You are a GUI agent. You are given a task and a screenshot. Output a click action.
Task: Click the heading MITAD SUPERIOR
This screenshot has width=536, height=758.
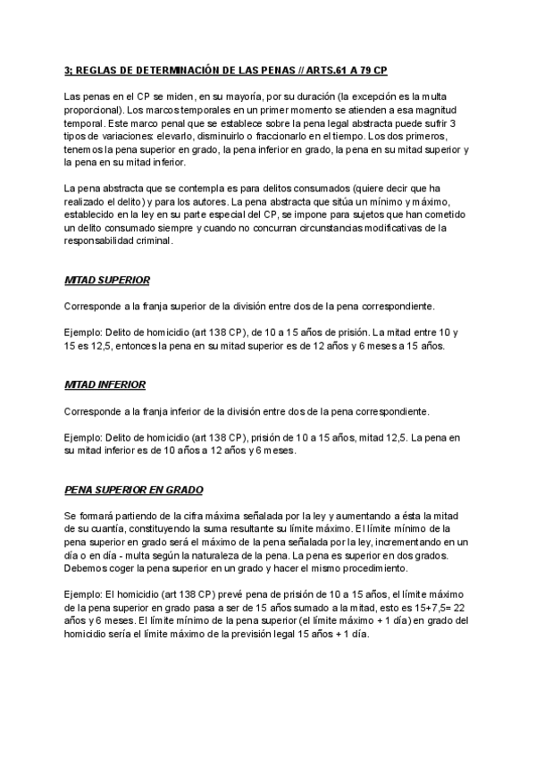pyautogui.click(x=106, y=280)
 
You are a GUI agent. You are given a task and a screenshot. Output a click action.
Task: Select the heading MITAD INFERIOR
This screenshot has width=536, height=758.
pyautogui.click(x=105, y=384)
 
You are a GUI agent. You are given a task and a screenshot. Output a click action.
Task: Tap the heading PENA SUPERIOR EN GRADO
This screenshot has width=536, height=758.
pyautogui.click(x=133, y=490)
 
